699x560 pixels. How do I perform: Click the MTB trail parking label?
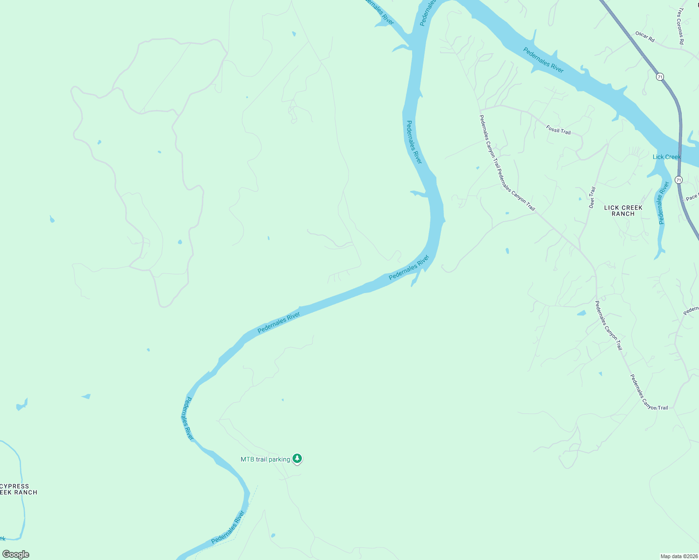(x=265, y=460)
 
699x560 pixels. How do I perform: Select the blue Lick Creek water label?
(x=666, y=157)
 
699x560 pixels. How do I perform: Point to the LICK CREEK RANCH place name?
(x=623, y=210)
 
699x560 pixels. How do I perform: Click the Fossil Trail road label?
(x=558, y=129)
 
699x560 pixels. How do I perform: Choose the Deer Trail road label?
(x=592, y=197)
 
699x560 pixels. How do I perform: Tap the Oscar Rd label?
(x=645, y=36)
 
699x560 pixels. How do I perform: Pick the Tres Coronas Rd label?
(x=681, y=26)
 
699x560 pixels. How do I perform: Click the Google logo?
(x=15, y=554)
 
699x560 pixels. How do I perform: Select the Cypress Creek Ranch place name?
(x=16, y=489)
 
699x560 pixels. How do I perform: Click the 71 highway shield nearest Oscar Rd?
(x=659, y=77)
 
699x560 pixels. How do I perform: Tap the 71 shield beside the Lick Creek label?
(x=678, y=180)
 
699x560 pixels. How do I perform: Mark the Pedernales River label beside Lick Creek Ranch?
(x=662, y=203)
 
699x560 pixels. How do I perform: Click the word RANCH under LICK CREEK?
(x=623, y=214)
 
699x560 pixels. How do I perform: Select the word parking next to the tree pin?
(x=279, y=460)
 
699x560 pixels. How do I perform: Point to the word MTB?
(x=247, y=460)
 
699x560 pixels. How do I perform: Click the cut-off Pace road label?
(x=692, y=197)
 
